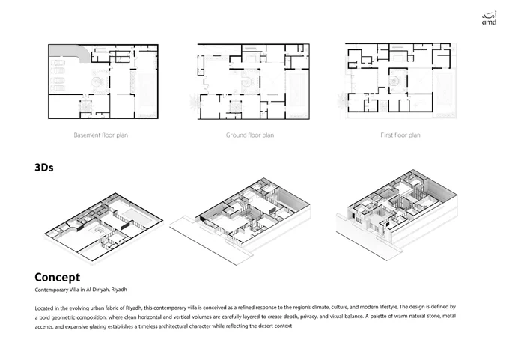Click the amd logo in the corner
tap(489, 19)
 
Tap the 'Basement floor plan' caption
tap(100, 135)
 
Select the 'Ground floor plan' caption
tap(250, 135)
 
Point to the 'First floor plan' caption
tap(400, 135)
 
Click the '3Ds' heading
tap(44, 168)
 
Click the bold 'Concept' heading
tap(57, 277)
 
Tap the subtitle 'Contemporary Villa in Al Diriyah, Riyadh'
tap(81, 290)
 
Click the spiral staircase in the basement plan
tap(97, 82)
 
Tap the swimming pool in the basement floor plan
tap(147, 92)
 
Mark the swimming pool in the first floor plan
tap(445, 91)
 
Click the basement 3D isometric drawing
tap(103, 228)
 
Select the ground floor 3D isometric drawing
tap(240, 221)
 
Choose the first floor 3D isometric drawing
tap(397, 214)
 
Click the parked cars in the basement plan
tap(58, 76)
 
